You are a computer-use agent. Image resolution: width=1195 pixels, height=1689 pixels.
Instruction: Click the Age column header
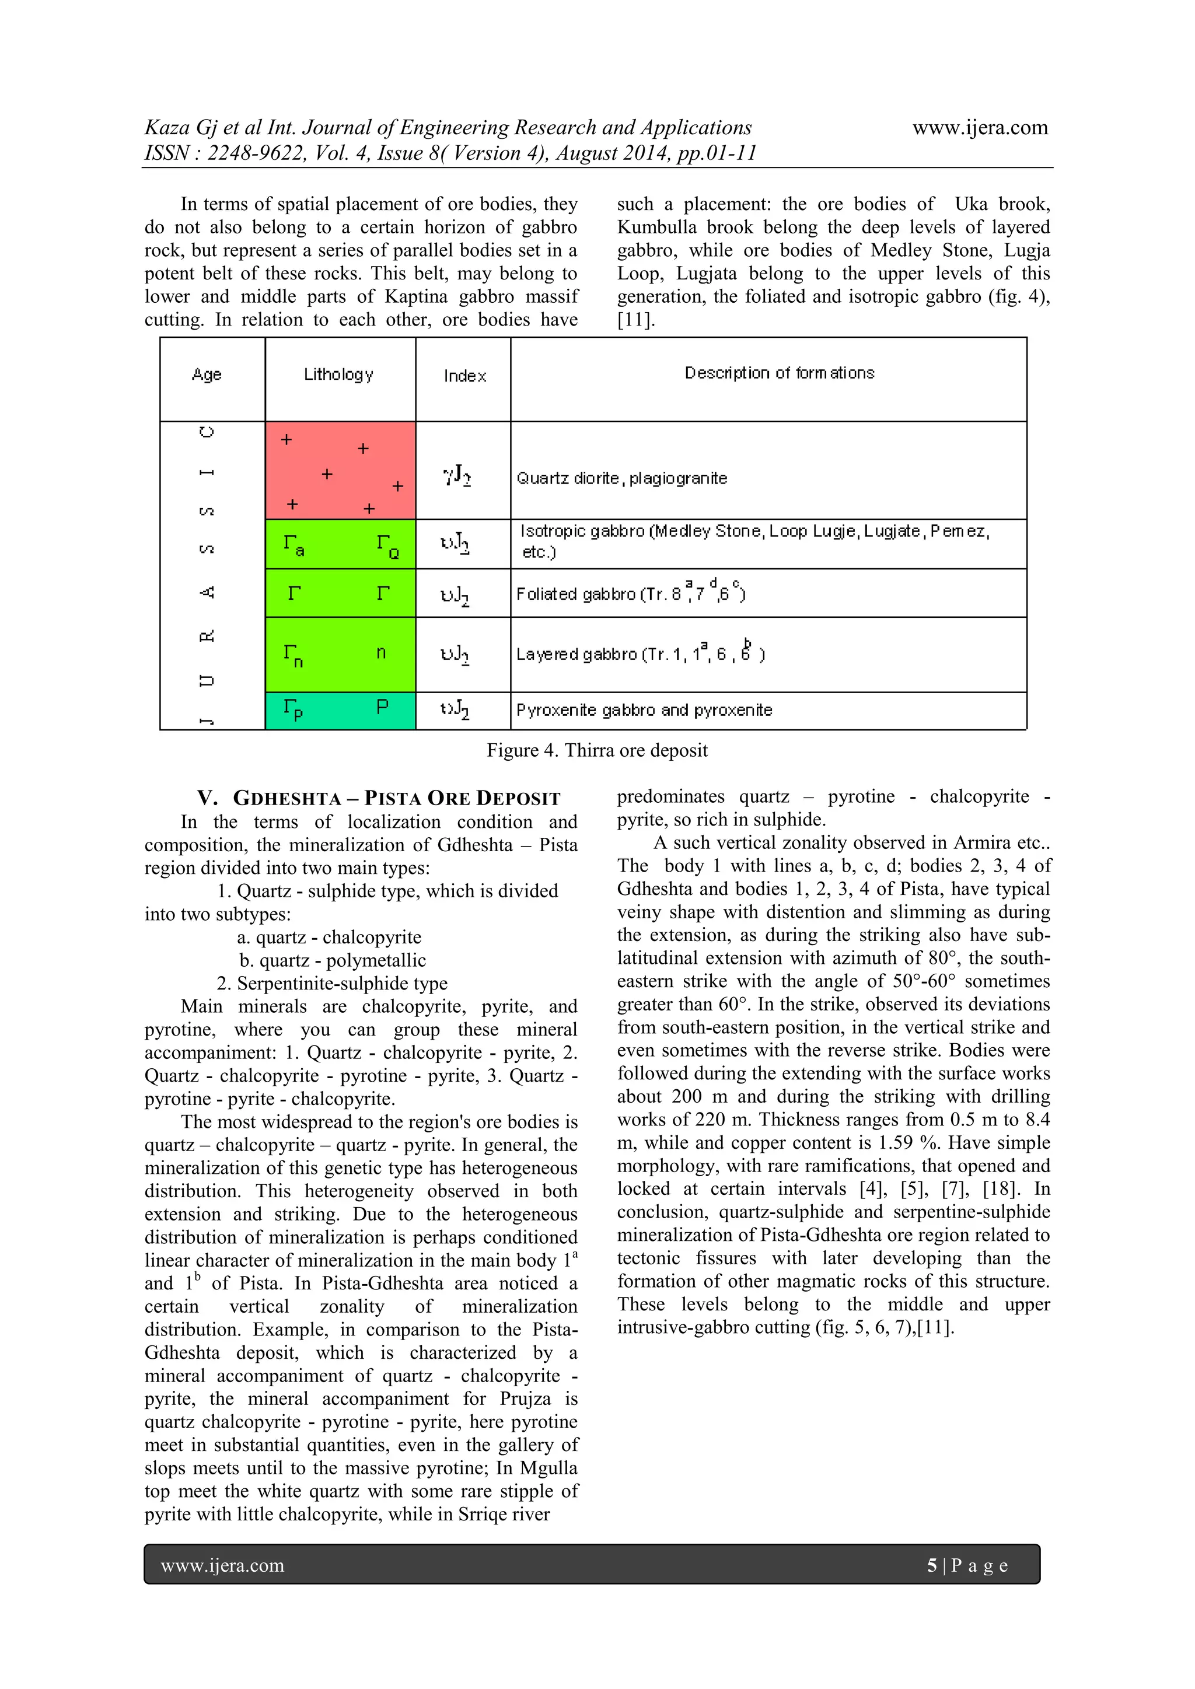(207, 375)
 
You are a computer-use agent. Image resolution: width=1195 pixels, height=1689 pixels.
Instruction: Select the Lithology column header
(338, 375)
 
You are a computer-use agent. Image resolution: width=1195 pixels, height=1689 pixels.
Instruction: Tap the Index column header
(464, 376)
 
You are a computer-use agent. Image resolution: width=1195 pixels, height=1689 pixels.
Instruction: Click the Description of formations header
(779, 373)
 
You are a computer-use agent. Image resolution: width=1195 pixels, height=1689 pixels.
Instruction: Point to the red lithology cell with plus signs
(340, 471)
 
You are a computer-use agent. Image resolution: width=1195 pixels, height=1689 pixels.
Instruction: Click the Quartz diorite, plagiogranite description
(622, 478)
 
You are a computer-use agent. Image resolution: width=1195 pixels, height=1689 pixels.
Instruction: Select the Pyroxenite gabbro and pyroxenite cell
(644, 710)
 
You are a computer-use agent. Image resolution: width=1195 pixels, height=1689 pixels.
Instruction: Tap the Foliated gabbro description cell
(631, 593)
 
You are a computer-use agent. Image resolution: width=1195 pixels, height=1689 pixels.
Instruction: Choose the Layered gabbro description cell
(640, 654)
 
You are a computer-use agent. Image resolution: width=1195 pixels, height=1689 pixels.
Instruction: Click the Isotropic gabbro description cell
(754, 541)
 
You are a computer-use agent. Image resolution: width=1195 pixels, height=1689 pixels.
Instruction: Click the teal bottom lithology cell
(340, 711)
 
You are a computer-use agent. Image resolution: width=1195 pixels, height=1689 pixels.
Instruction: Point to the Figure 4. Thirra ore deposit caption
(597, 750)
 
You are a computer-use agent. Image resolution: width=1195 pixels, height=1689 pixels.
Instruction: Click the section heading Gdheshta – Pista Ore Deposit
(379, 798)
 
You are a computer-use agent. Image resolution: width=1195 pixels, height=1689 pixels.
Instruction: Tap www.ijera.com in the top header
(980, 128)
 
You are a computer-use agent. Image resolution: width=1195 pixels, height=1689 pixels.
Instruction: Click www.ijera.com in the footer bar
(222, 1565)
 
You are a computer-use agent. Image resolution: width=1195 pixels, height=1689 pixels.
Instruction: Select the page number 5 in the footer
(932, 1565)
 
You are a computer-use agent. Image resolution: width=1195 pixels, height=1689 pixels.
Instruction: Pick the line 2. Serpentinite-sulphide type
(332, 984)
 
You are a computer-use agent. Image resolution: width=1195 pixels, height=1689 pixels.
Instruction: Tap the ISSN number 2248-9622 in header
(256, 154)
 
